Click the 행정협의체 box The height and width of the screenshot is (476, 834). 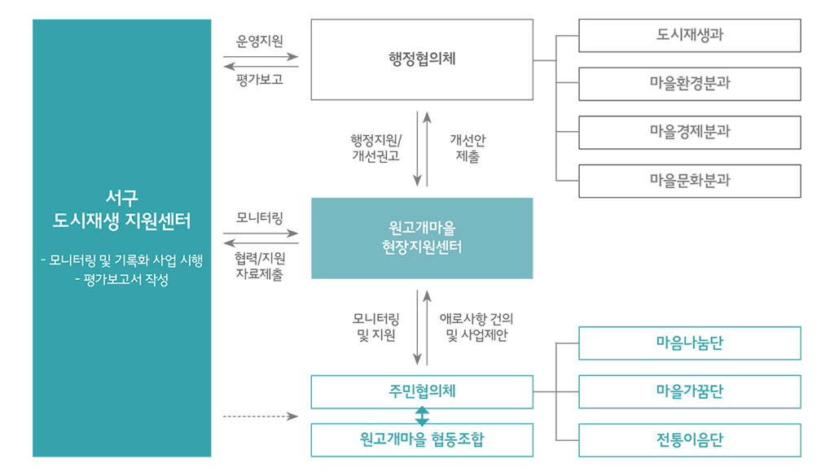click(x=422, y=59)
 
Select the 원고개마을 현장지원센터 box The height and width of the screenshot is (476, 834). click(x=422, y=238)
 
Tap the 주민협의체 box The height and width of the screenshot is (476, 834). click(x=422, y=391)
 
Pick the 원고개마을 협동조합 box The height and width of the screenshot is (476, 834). click(x=422, y=439)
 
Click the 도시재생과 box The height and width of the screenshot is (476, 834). click(x=689, y=36)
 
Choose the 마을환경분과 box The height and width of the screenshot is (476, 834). click(x=689, y=84)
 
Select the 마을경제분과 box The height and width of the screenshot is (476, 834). click(x=689, y=132)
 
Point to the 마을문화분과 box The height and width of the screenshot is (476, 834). click(x=689, y=181)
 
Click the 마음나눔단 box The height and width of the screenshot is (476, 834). click(x=689, y=343)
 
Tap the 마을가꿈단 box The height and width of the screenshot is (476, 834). click(x=689, y=391)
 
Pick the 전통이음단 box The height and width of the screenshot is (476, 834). click(x=689, y=439)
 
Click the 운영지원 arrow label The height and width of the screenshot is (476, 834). click(x=260, y=41)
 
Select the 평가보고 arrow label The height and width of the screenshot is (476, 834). click(x=260, y=80)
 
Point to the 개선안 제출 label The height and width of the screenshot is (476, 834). click(x=467, y=148)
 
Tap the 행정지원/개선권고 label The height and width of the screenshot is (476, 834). click(x=375, y=148)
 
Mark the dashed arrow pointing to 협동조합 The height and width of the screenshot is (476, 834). click(x=260, y=416)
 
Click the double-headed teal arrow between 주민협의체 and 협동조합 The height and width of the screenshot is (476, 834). click(x=422, y=416)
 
